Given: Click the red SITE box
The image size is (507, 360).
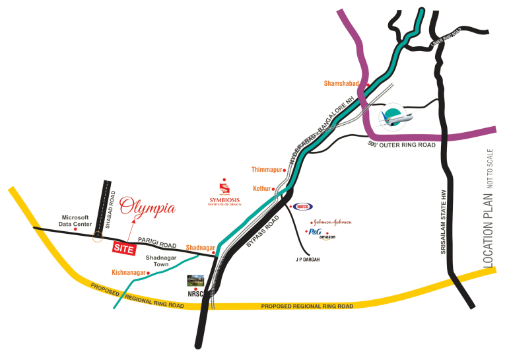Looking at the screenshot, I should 123,248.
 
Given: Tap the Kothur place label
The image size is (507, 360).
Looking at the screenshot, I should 262,188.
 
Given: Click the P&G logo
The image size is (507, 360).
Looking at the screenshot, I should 315,232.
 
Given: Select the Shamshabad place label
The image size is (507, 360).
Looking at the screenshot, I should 341,83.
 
